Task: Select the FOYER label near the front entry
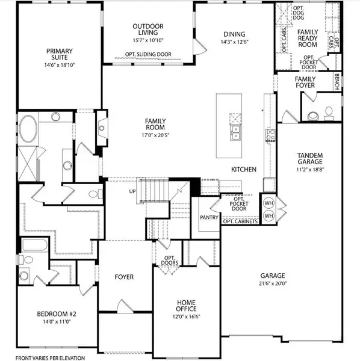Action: (124, 277)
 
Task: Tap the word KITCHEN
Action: (245, 170)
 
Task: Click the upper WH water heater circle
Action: (269, 202)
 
